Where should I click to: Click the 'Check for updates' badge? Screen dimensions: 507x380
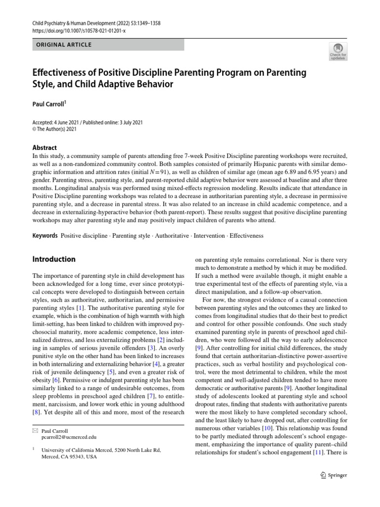338,51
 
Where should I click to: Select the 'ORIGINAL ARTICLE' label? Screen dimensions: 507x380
63,45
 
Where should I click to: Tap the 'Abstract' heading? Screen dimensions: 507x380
45,148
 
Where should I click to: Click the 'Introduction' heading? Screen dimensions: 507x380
54,259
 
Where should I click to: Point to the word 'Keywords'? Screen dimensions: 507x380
45,236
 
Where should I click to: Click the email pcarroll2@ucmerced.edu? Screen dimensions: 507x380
69,437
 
